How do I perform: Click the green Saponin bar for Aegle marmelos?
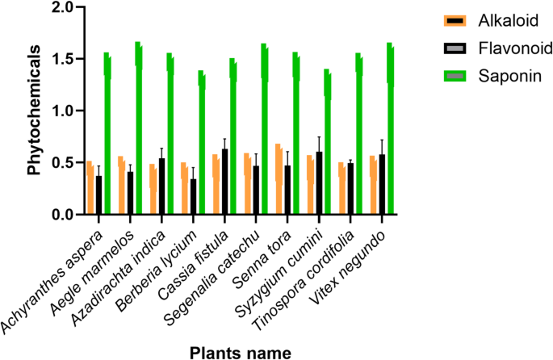point(139,129)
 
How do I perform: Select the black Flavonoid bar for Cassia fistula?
point(224,182)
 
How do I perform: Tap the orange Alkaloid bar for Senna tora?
point(279,179)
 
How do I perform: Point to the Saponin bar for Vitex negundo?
point(391,129)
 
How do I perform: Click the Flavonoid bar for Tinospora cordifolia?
point(350,189)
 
